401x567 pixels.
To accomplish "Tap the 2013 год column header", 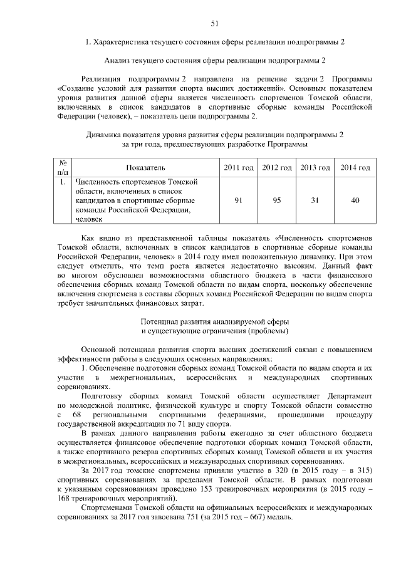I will click(315, 168).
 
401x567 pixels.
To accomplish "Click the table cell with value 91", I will click(238, 200).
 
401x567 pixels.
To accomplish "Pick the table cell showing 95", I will click(276, 200).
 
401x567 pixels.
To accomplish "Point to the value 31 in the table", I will click(315, 200).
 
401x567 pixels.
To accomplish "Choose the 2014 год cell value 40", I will click(355, 200).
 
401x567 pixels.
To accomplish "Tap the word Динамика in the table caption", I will click(103, 135).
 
